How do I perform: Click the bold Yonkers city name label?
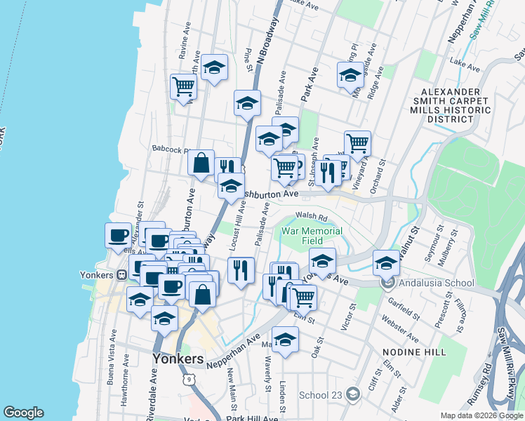pos(178,359)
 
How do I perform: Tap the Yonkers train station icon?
pos(121,274)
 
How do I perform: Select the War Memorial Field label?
pos(312,236)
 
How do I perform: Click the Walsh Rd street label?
pos(312,218)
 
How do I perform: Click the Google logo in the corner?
pos(22,413)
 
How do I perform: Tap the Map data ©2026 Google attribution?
pos(481,415)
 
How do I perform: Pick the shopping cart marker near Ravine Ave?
pos(183,87)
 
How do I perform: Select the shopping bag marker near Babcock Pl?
pos(201,163)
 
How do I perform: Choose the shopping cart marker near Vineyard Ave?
pos(357,143)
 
